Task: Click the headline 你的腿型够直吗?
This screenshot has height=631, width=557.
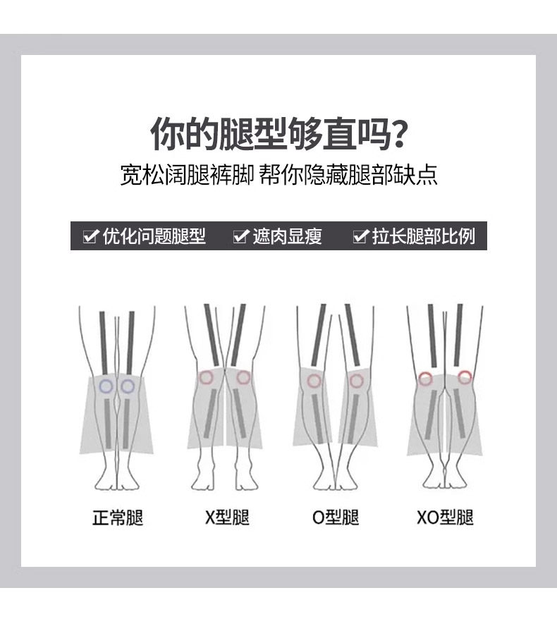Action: coord(278,134)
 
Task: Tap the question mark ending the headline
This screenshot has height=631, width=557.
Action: coord(398,134)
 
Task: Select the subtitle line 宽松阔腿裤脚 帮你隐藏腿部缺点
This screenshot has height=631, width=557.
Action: coord(278,175)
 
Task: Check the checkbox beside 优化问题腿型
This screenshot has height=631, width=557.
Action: coord(90,235)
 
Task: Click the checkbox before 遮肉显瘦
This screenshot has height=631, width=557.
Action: coord(241,235)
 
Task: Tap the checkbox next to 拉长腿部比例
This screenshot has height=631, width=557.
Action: coord(360,235)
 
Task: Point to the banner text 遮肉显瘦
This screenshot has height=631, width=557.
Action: coord(288,236)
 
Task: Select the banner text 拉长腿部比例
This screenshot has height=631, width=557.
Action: coord(423,236)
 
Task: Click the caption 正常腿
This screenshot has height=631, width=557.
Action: coord(118,517)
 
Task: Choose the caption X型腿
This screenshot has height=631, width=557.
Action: coord(227,517)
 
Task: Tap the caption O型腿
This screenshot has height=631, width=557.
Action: coord(335,517)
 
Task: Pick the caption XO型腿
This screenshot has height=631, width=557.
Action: coord(445,517)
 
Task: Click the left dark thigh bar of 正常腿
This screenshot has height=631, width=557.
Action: coord(104,343)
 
